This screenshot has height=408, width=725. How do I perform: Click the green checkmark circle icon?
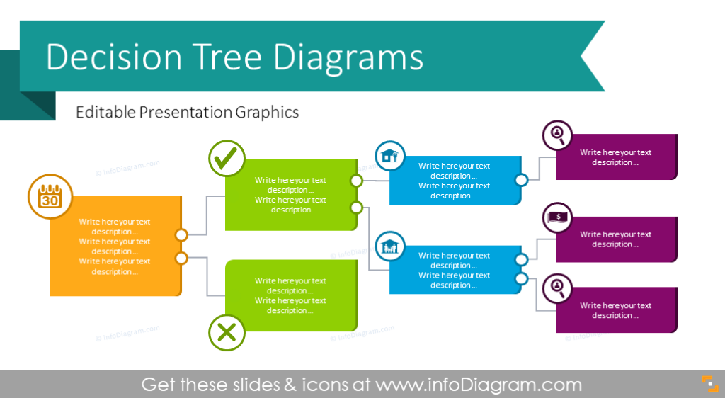[227, 159]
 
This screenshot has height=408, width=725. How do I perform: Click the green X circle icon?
[227, 333]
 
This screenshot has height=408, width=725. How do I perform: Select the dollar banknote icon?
[558, 217]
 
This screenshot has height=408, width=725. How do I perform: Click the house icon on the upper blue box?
[390, 156]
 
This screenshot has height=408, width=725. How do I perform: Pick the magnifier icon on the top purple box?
[558, 135]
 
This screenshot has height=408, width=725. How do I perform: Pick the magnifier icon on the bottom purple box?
[558, 288]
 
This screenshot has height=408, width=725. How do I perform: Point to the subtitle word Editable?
[105, 112]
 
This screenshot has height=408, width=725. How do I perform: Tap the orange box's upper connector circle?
[181, 234]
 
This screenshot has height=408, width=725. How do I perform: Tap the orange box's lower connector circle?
[181, 259]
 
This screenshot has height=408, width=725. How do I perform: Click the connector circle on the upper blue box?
[522, 180]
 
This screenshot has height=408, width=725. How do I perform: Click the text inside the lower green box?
[290, 295]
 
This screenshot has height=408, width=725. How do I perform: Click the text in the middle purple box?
[615, 239]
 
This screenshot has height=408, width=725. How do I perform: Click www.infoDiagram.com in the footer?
[479, 385]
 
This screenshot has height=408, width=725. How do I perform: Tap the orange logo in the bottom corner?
[709, 383]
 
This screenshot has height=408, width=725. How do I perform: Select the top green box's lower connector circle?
[356, 208]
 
